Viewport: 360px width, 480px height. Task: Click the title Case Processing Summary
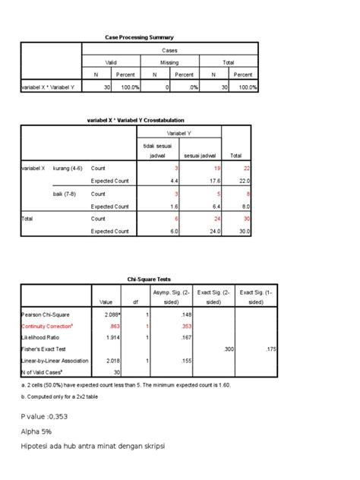pyautogui.click(x=139, y=37)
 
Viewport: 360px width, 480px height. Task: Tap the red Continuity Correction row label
pyautogui.click(x=48, y=325)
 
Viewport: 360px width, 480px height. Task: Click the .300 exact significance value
pyautogui.click(x=227, y=349)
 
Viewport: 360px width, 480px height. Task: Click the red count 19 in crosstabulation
pyautogui.click(x=217, y=167)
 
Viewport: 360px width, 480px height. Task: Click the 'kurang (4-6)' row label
pyautogui.click(x=68, y=167)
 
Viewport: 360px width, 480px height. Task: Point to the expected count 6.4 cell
pyautogui.click(x=216, y=206)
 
